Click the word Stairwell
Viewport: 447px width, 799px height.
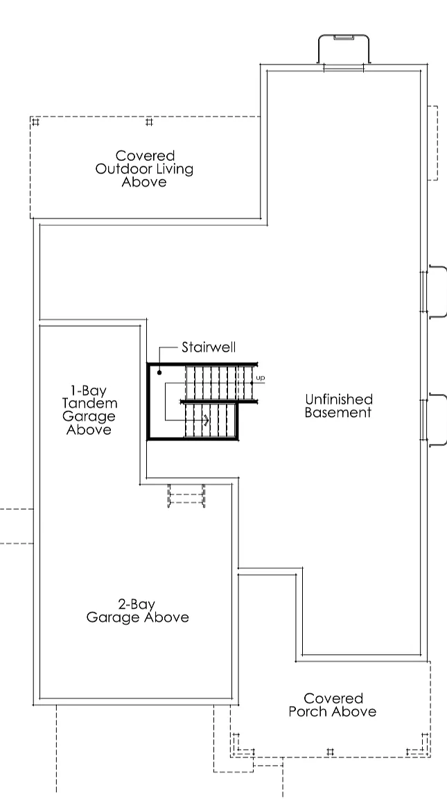[209, 347]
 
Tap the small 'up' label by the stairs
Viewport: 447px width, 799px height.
[260, 377]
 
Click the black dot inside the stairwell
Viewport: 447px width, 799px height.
[159, 372]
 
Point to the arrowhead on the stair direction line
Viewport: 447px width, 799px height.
[207, 420]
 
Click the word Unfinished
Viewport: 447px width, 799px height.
[339, 399]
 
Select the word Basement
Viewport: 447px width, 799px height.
[338, 412]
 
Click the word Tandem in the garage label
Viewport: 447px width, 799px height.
[89, 403]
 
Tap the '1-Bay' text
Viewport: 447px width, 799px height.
[89, 390]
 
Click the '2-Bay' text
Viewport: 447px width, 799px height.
[137, 604]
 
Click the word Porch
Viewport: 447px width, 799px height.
[308, 712]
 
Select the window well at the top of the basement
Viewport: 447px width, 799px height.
[344, 49]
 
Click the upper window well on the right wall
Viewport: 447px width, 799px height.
[437, 292]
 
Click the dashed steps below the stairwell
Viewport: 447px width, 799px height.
[186, 496]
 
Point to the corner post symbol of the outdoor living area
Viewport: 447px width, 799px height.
[35, 122]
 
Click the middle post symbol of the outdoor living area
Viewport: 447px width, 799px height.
[149, 122]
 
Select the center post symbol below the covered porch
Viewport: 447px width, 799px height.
[331, 752]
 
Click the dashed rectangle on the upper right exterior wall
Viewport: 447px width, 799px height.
[432, 143]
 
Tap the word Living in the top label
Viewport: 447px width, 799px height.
[175, 169]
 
